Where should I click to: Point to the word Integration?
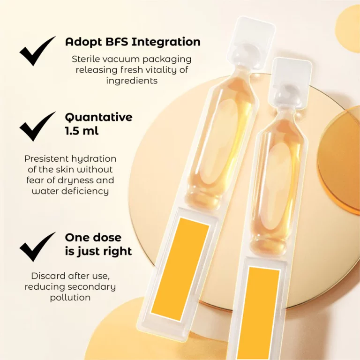pyautogui.click(x=166, y=43)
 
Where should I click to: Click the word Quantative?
pyautogui.click(x=99, y=117)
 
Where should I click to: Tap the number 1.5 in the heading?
pyautogui.click(x=72, y=131)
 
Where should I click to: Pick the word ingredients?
pyautogui.click(x=132, y=81)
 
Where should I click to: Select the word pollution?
pyautogui.click(x=70, y=298)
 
